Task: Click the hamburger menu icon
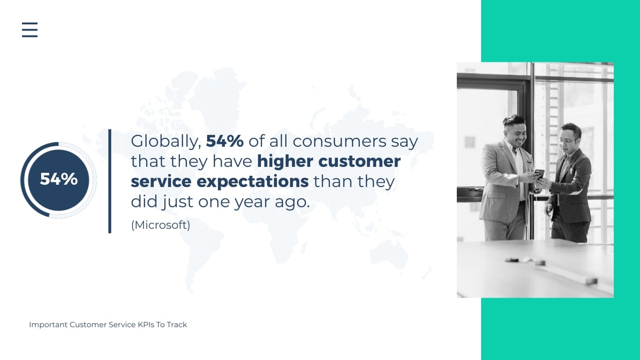[x=30, y=30]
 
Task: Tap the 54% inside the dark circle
[x=59, y=179]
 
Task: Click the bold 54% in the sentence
[x=224, y=141]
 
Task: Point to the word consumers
[x=355, y=141]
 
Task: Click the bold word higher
[x=285, y=161]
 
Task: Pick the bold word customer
[x=359, y=161]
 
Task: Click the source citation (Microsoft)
[x=161, y=225]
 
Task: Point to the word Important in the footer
[x=48, y=324]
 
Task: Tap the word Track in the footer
[x=177, y=324]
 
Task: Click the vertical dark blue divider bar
[x=110, y=181]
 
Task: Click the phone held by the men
[x=539, y=173]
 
